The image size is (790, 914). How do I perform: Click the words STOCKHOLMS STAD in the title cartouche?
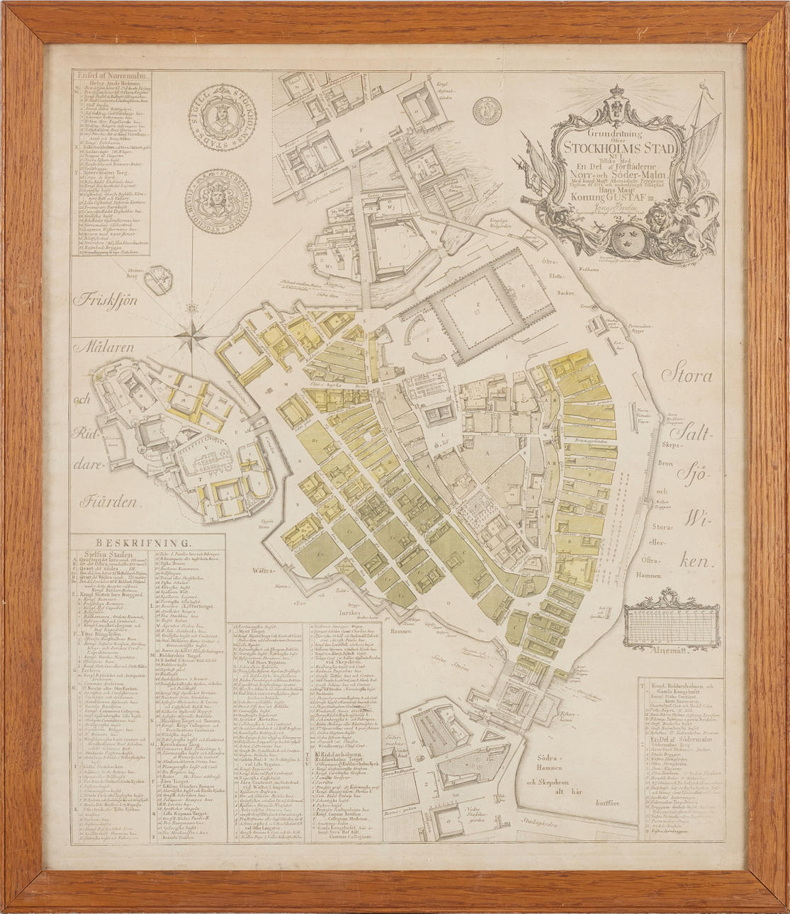[620, 147]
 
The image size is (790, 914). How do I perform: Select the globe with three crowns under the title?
[627, 241]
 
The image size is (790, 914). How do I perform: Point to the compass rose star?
[192, 331]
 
